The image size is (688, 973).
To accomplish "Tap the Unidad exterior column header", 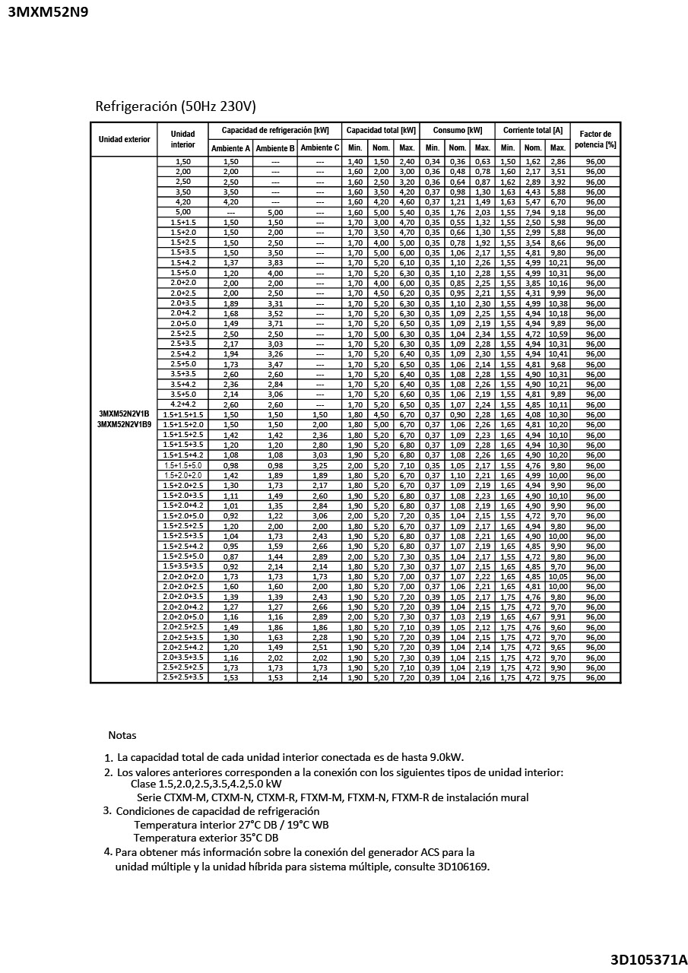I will (x=124, y=139).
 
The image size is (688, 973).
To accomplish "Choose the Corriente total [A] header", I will (x=532, y=130).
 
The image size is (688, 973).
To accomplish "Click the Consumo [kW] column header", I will (x=458, y=130).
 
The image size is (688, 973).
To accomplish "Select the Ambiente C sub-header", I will (x=319, y=148).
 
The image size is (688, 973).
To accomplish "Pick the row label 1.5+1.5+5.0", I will (x=182, y=465).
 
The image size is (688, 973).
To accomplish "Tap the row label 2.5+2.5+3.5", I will (x=182, y=677).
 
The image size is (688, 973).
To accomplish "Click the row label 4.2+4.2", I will (x=182, y=404).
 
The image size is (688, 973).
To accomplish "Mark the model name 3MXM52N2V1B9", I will (x=124, y=424).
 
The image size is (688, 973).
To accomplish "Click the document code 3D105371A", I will (x=648, y=959).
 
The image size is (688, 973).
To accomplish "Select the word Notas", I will (x=122, y=735).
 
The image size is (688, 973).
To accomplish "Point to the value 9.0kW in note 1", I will (x=445, y=758).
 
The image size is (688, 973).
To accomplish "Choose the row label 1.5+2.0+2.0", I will (x=182, y=475).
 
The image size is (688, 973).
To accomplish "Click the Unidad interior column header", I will (x=182, y=139).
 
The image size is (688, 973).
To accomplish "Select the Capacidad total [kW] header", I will (x=380, y=130).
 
